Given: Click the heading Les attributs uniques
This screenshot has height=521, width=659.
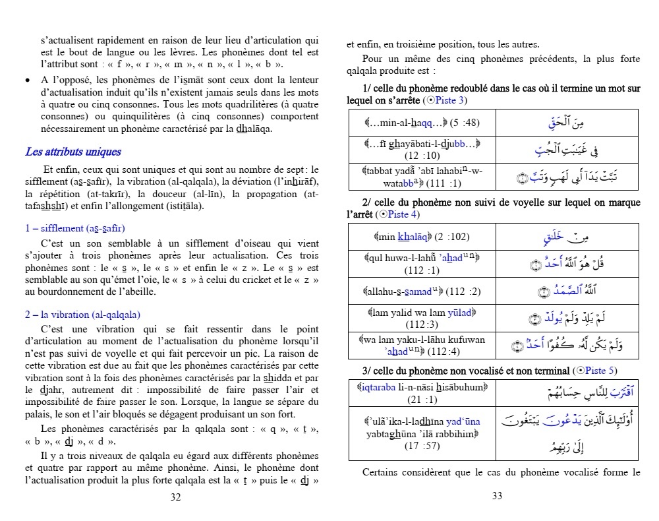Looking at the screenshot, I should point(73,152).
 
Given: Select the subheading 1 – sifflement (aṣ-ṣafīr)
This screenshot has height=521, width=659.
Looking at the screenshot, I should point(74,228).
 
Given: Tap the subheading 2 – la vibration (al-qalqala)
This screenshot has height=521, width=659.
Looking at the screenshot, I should point(82,315).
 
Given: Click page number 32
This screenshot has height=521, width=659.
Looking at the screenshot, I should point(175,497).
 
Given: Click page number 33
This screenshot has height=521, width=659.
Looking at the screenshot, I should point(498,497).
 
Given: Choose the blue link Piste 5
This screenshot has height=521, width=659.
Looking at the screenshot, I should point(602,371).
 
